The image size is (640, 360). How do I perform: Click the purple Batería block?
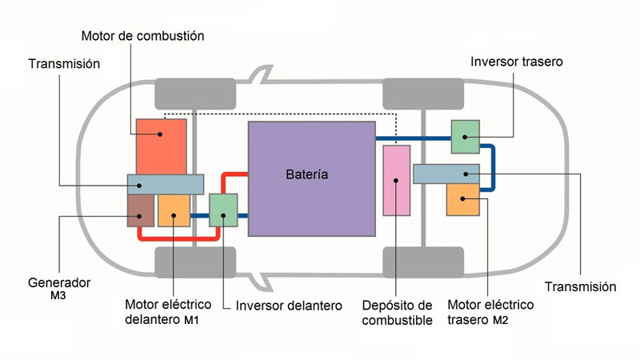[311, 200]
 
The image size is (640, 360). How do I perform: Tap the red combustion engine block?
[161, 144]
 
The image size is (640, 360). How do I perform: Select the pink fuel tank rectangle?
[396, 180]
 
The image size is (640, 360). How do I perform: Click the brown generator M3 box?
[140, 210]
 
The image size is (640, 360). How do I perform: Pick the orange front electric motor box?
[174, 210]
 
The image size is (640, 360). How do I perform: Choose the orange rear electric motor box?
[462, 198]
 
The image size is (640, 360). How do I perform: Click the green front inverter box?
[223, 210]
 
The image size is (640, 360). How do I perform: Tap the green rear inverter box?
[465, 136]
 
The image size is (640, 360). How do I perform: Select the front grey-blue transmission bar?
[165, 183]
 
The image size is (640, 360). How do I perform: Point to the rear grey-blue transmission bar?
[446, 173]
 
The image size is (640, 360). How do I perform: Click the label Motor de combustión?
[143, 36]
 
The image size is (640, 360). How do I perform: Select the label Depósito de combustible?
[397, 313]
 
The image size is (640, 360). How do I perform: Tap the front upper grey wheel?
[194, 94]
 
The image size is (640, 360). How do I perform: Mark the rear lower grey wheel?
[423, 262]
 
